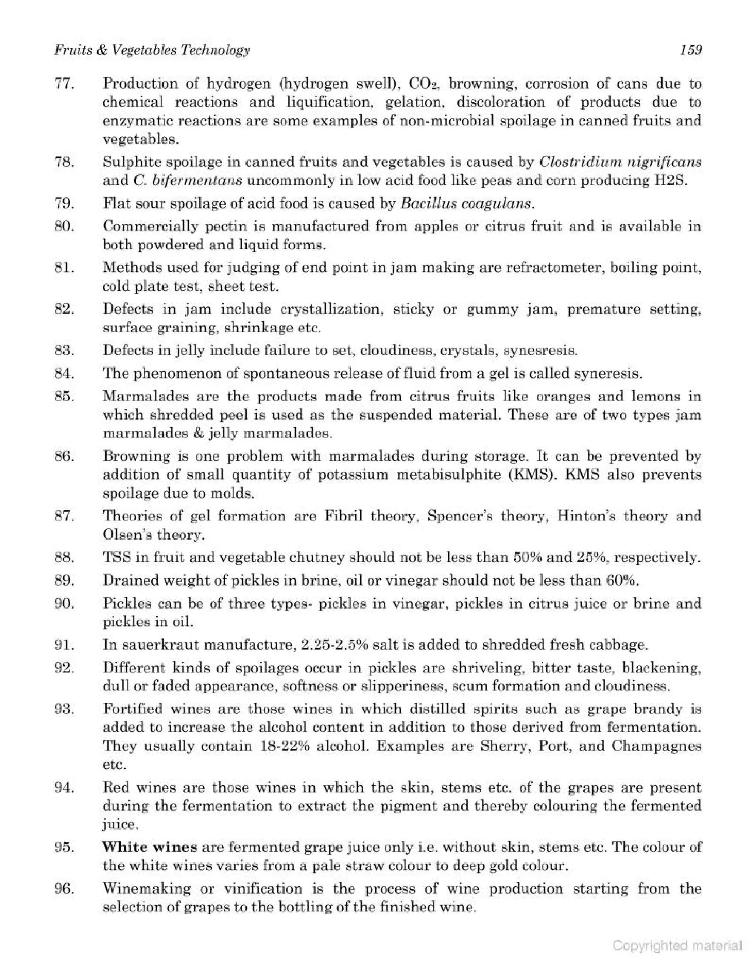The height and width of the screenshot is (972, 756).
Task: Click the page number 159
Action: [x=691, y=50]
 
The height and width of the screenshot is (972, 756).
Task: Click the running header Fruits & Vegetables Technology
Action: [x=152, y=50]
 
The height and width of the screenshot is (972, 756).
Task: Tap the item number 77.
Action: [x=64, y=84]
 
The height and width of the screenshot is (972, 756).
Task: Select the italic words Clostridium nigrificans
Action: [x=620, y=162]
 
